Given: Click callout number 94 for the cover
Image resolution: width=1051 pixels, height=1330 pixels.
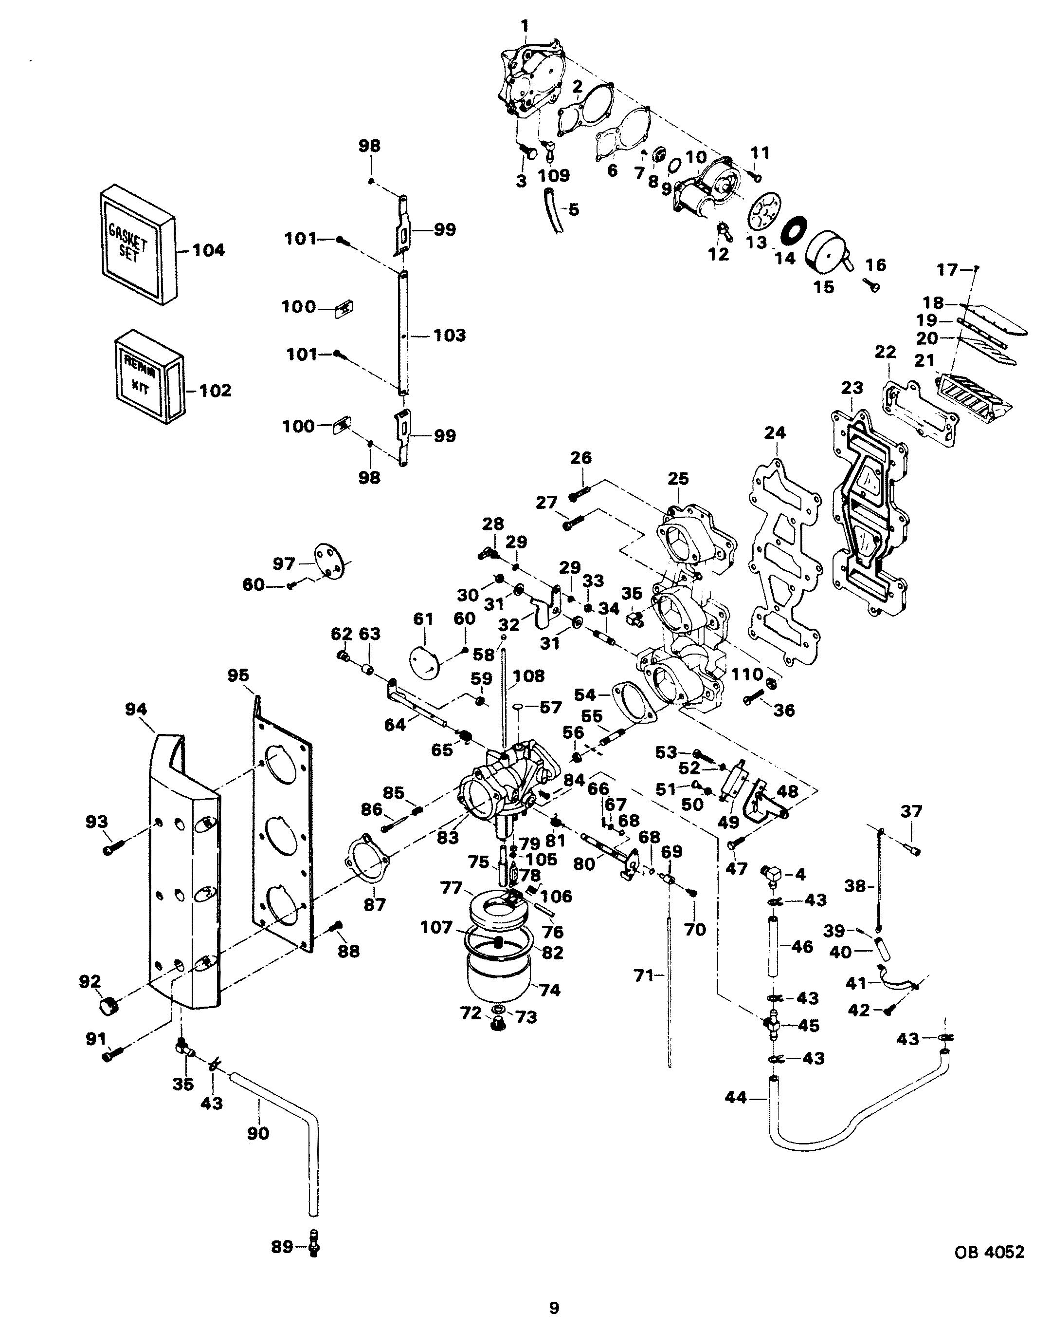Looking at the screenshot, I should [136, 710].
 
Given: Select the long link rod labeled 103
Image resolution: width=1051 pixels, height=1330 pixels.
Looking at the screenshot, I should [402, 333].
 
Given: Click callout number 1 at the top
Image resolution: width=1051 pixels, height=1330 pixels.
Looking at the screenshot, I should [524, 26].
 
